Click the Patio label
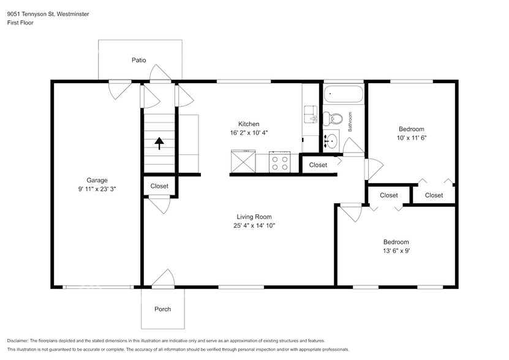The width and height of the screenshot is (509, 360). click(x=138, y=60)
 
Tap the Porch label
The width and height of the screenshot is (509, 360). click(x=162, y=309)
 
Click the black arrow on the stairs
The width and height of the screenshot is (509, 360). click(x=159, y=143)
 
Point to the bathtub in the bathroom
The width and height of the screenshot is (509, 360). click(x=344, y=95)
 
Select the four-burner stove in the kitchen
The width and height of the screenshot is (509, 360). click(x=279, y=163)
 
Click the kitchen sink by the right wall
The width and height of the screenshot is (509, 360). click(x=309, y=114)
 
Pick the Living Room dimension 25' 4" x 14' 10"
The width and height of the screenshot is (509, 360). click(x=254, y=226)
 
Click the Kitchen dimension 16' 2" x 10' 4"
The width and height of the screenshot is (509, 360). click(x=249, y=133)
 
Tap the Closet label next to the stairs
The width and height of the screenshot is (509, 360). click(x=159, y=186)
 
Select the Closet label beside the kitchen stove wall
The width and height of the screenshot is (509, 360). click(x=318, y=165)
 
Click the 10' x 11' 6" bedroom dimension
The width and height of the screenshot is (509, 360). click(x=411, y=138)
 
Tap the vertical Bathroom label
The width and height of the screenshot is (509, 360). click(x=350, y=122)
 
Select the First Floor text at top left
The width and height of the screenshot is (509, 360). click(x=21, y=23)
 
